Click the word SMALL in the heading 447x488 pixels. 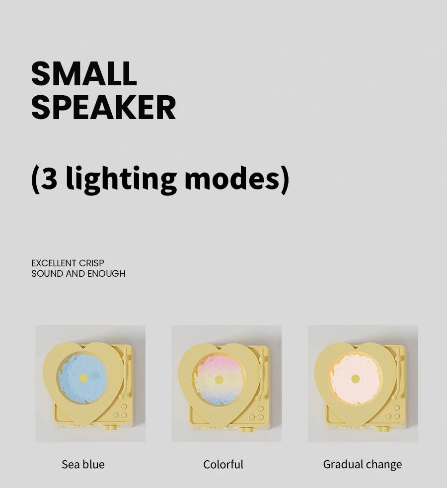84,73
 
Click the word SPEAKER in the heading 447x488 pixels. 103,107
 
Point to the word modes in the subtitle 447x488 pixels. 232,178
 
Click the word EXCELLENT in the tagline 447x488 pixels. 54,263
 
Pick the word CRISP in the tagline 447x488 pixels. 92,263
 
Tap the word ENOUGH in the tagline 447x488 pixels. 107,274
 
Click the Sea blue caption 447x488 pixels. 83,464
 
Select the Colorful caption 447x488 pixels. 223,464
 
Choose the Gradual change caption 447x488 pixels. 363,465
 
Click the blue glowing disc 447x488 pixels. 83,378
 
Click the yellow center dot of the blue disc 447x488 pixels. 83,378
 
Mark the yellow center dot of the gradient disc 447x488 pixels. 219,380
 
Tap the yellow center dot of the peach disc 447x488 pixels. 356,379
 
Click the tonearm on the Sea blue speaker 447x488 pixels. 126,373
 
